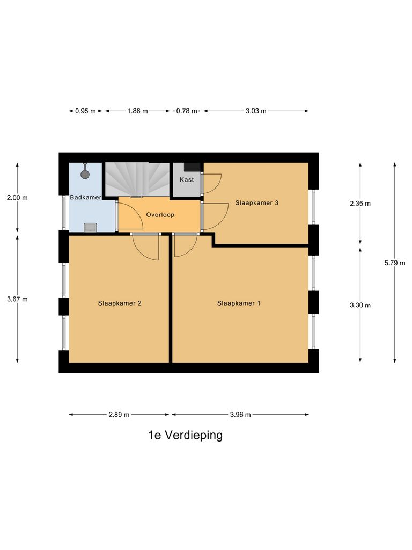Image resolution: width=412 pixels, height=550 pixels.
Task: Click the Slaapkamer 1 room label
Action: pyautogui.click(x=239, y=303)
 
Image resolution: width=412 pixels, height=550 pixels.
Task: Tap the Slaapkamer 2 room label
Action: pyautogui.click(x=120, y=303)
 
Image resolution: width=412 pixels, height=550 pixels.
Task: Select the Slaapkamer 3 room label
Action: pyautogui.click(x=256, y=203)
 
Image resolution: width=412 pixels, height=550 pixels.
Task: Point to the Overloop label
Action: pyautogui.click(x=160, y=214)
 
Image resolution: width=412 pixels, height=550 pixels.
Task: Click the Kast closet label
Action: pyautogui.click(x=187, y=179)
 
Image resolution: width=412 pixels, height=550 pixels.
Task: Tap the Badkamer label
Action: pyautogui.click(x=86, y=198)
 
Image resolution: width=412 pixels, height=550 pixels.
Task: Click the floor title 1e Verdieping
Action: pyautogui.click(x=186, y=435)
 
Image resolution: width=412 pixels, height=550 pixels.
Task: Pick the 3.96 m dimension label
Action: pyautogui.click(x=240, y=415)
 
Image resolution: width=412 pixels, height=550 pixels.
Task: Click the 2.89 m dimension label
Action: pyautogui.click(x=119, y=415)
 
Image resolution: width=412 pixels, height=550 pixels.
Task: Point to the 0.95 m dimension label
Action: pyautogui.click(x=85, y=111)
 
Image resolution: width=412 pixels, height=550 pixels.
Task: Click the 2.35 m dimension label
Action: pyautogui.click(x=360, y=204)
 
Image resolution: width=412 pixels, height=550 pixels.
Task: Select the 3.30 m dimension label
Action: pyautogui.click(x=360, y=305)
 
